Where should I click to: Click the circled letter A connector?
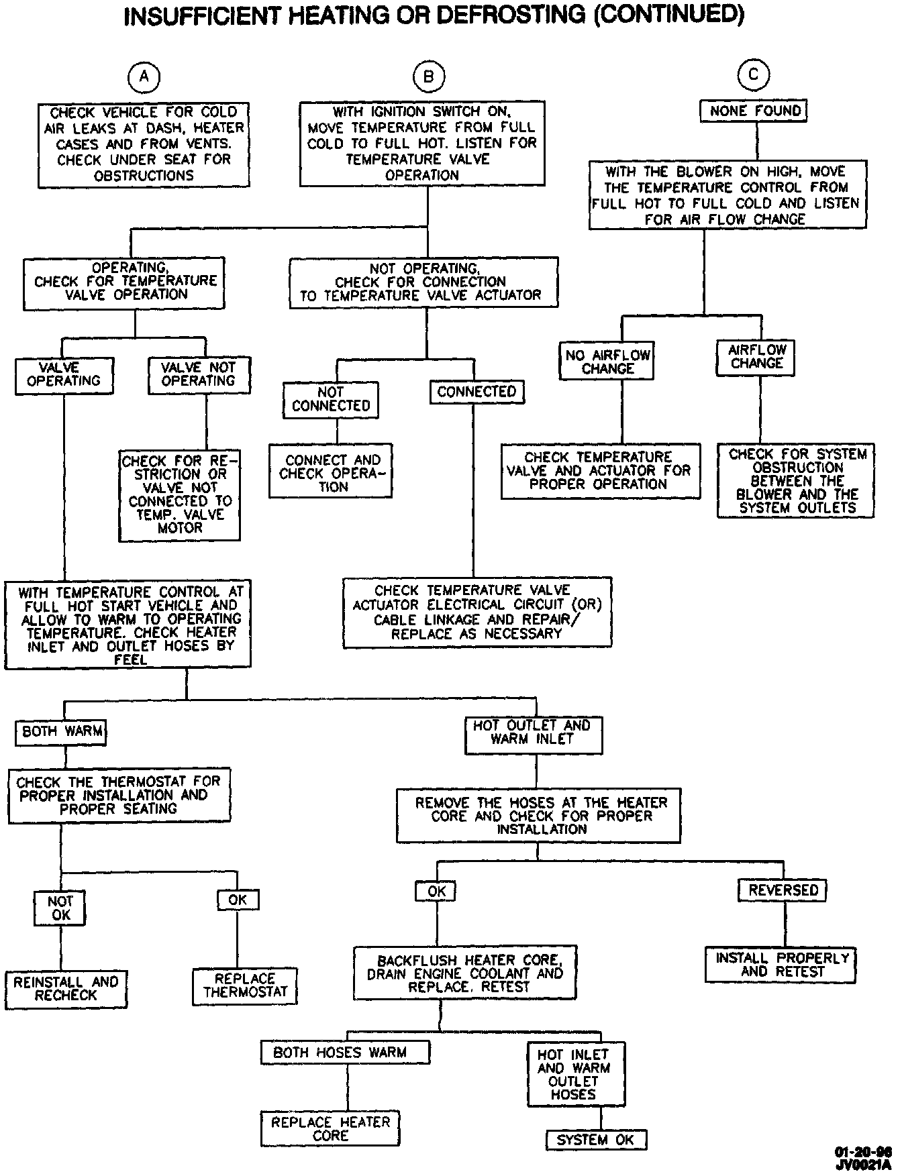pos(144,77)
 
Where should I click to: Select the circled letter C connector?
pos(753,75)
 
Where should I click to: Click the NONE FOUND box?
pos(754,111)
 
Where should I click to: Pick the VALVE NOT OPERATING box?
pos(199,374)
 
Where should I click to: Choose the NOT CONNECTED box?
pos(331,399)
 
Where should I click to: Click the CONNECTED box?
pos(477,392)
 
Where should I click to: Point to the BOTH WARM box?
pos(62,731)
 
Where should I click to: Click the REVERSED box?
pos(783,890)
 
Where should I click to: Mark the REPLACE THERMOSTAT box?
pos(245,985)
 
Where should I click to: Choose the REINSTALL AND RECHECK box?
pos(66,989)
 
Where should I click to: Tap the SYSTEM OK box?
pos(595,1140)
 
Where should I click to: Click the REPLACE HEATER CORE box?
pos(330,1128)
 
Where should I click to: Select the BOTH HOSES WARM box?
pos(345,1052)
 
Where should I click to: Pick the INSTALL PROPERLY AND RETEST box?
pos(781,965)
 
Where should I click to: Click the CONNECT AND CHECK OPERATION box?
pos(331,473)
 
